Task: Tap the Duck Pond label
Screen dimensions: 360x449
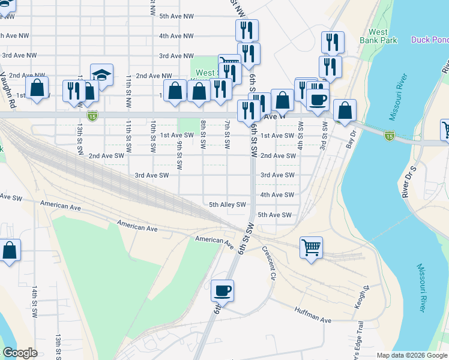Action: pos(429,40)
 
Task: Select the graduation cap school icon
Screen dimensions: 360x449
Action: pos(101,75)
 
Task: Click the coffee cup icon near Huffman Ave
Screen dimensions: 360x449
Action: pos(222,290)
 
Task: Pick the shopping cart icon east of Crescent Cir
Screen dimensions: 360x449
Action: pos(311,247)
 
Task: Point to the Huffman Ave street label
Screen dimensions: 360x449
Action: pos(312,316)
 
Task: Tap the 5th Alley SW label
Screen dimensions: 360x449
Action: pos(228,205)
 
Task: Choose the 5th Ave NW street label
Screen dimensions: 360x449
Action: pos(176,16)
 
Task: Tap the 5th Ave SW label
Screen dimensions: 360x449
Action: pos(274,215)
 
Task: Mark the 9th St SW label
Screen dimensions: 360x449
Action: pos(179,155)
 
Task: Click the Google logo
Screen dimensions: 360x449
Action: pos(20,353)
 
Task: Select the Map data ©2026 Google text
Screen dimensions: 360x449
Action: pos(412,355)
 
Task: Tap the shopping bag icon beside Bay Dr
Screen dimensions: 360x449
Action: pos(345,110)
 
